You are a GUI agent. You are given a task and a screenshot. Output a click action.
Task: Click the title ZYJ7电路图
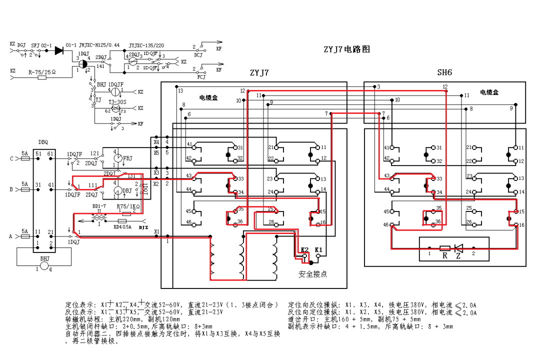(346, 49)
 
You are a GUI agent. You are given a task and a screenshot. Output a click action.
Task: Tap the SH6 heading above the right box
(444, 72)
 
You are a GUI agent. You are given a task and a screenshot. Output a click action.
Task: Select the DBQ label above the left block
(43, 142)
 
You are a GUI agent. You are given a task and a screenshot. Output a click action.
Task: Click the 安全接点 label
(313, 274)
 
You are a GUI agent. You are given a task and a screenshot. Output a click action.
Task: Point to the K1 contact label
(318, 249)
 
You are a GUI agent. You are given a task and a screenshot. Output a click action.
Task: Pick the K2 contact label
(304, 249)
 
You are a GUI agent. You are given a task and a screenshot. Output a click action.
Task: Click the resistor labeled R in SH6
(444, 248)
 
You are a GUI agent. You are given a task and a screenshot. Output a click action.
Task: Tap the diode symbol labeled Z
(457, 248)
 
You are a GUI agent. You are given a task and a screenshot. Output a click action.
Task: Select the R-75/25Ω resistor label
(42, 72)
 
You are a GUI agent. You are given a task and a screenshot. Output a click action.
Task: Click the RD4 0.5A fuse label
(123, 226)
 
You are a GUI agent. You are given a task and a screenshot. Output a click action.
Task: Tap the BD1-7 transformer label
(99, 205)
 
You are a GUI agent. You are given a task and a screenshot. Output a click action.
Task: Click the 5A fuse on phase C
(24, 159)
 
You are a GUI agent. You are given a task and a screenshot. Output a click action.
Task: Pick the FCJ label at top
(201, 77)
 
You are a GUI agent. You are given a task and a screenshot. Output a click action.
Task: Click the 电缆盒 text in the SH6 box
(489, 92)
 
